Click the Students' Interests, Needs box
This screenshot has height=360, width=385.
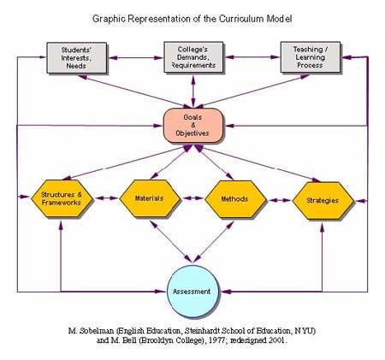point(77,58)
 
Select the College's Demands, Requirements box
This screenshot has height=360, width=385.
point(193,57)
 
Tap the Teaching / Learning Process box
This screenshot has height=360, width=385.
point(311,57)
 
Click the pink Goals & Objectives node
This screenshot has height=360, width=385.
point(192,126)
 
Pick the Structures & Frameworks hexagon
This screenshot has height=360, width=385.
point(62,198)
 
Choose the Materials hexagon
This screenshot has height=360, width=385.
point(150,198)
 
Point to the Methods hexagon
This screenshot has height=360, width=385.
point(235,199)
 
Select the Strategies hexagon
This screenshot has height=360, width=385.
point(323,201)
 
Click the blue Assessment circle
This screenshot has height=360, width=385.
point(192,292)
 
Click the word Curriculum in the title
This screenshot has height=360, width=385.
point(241,19)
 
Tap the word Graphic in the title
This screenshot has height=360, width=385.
point(109,19)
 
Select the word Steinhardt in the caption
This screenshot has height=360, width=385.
point(202,331)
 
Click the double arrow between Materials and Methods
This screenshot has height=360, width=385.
point(193,198)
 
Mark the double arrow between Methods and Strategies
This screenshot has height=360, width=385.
point(280,200)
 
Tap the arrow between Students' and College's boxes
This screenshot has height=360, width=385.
point(136,58)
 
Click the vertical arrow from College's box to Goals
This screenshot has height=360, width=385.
point(193,91)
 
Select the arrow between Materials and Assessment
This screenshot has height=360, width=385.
point(171,241)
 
